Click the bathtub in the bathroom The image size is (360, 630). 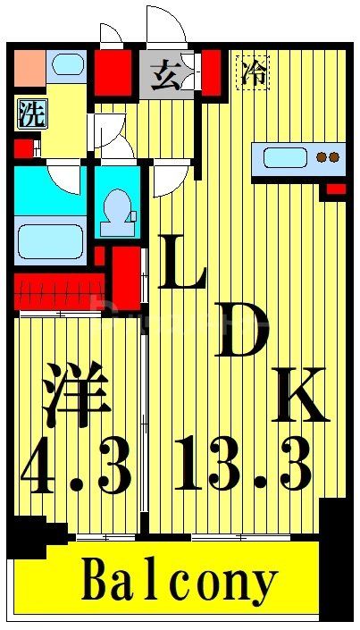pos(49,240)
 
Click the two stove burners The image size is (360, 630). pos(328,158)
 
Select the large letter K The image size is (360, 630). pos(298,392)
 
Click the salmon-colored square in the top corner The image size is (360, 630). pos(29,64)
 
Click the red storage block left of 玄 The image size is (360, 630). pos(113,72)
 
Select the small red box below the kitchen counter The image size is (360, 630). pos(335,189)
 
